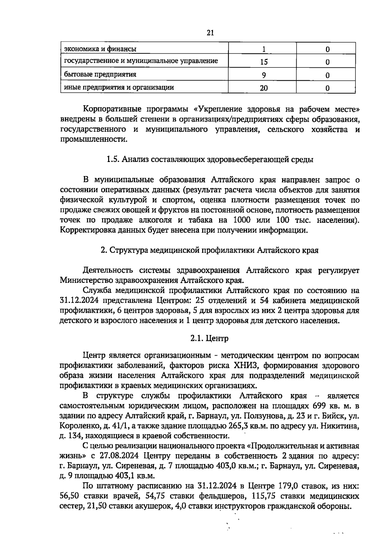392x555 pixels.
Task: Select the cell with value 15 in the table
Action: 264,62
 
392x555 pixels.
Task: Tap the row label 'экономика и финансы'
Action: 100,49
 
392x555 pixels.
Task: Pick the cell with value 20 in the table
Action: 264,88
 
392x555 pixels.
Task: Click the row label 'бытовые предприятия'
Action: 100,74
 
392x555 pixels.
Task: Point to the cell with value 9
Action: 264,75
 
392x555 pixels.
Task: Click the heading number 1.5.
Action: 113,159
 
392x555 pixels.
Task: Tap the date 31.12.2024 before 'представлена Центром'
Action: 79,300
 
